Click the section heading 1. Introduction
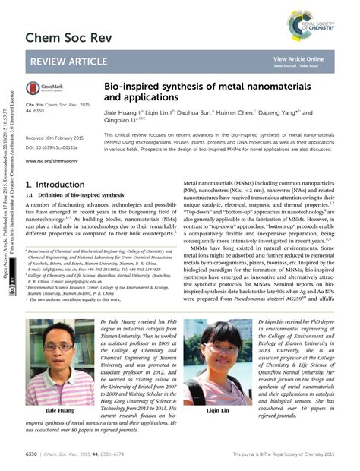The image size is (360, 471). click(x=55, y=185)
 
